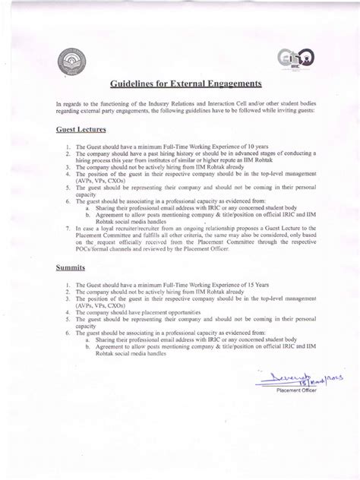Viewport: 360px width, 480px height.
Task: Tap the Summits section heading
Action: tap(67, 268)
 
